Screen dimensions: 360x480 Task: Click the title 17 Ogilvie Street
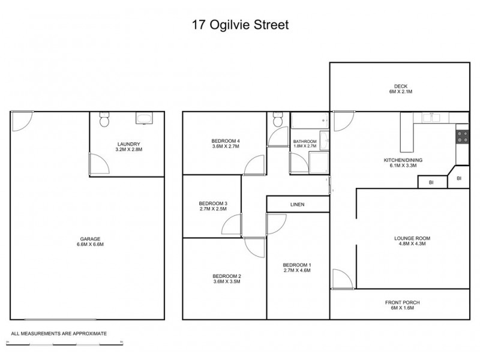tap(240, 26)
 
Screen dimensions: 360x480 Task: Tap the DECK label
tap(400, 89)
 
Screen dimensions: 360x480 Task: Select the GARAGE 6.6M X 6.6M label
tap(87, 242)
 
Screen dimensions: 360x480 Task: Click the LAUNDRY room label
tap(128, 146)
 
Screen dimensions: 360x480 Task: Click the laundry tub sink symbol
tap(145, 118)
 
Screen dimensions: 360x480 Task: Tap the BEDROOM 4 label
tap(226, 143)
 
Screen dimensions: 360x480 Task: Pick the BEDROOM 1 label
tap(298, 268)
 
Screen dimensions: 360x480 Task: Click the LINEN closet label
tap(298, 205)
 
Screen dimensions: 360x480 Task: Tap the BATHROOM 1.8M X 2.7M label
tap(305, 144)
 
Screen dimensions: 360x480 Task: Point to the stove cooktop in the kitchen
tap(461, 136)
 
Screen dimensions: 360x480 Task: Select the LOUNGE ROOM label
tap(412, 241)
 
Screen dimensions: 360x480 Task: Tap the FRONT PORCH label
tap(400, 305)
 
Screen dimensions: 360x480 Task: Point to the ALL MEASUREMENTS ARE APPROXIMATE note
tap(59, 332)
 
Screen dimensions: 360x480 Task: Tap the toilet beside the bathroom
tap(277, 121)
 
